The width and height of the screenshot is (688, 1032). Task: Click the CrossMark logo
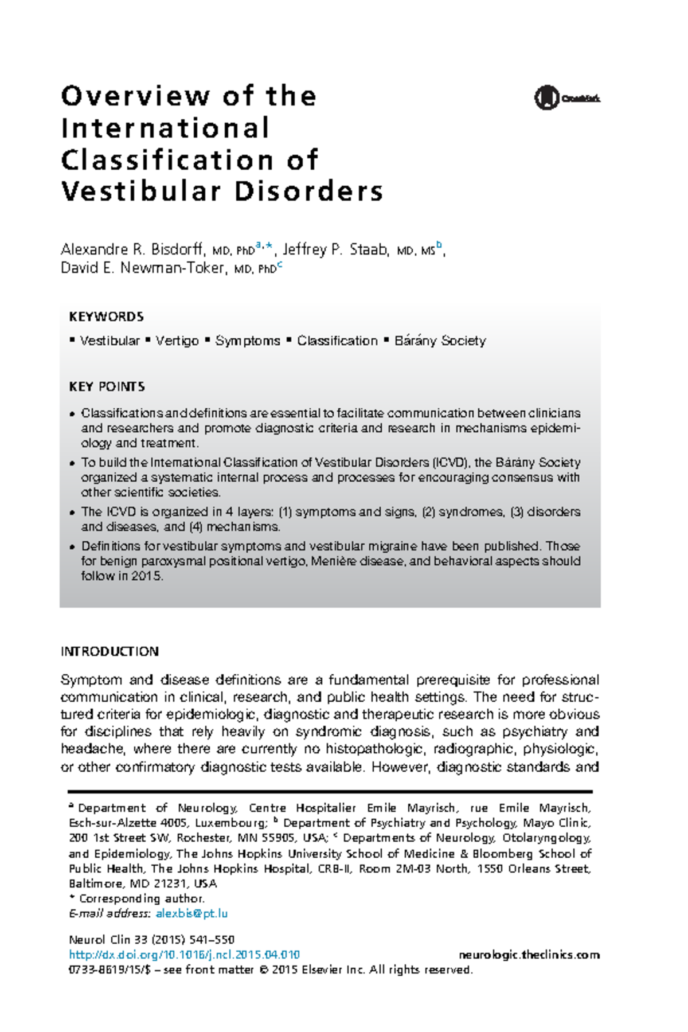(x=566, y=98)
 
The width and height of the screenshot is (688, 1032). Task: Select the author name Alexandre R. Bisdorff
(x=132, y=249)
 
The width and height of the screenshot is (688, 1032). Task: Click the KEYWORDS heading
(x=106, y=317)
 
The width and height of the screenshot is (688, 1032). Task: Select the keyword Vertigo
(x=177, y=341)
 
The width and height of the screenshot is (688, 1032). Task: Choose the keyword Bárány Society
(x=440, y=341)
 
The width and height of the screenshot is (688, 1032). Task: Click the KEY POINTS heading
(x=107, y=386)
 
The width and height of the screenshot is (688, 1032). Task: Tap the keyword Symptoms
(x=248, y=341)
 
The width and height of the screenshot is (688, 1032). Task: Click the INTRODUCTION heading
(x=110, y=652)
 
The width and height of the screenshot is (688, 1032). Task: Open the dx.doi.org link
(x=184, y=955)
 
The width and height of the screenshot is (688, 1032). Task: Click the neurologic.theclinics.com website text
(x=529, y=955)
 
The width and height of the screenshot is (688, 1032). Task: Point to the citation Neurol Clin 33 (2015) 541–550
(x=151, y=940)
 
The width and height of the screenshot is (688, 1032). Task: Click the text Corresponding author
(x=142, y=898)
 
